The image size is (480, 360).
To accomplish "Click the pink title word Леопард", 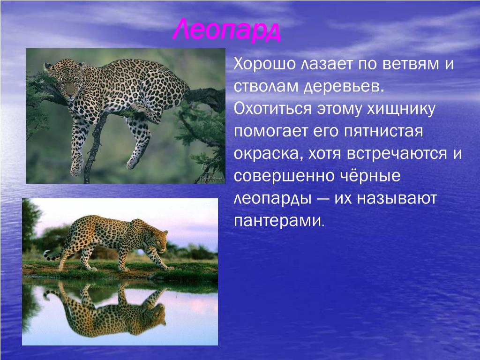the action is [226, 30].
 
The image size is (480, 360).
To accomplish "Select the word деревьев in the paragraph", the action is [344, 87].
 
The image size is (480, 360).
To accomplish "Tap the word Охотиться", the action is [272, 109].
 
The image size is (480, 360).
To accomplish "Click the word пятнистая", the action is [383, 132].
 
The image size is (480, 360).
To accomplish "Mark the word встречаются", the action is [397, 154].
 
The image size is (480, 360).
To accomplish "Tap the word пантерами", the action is [278, 221].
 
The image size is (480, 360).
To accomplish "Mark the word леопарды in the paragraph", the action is [272, 199].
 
